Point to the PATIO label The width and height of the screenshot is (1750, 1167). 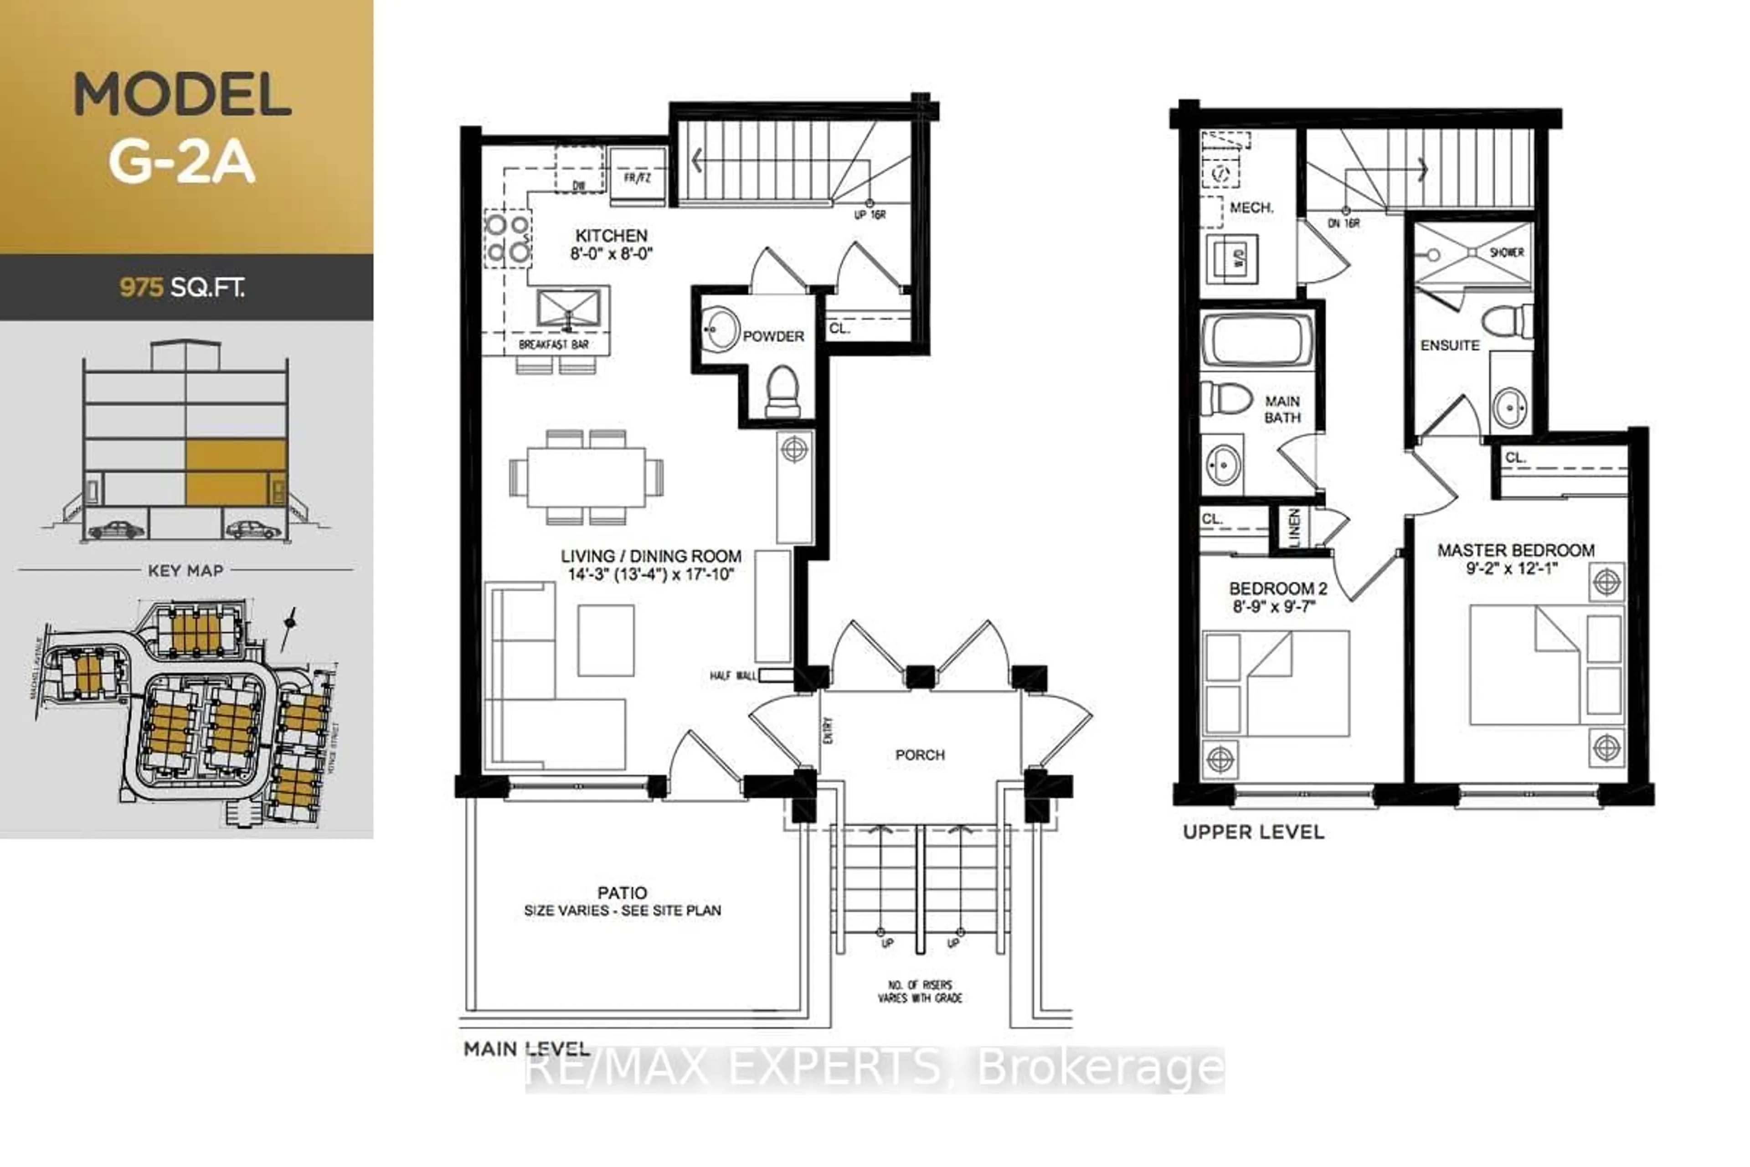tap(622, 893)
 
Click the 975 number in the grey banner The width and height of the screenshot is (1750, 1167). tap(141, 287)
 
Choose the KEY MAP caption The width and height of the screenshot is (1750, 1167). tap(185, 571)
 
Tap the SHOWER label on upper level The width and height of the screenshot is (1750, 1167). tap(1507, 252)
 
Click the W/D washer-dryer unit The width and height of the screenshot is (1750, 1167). tap(1232, 260)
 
